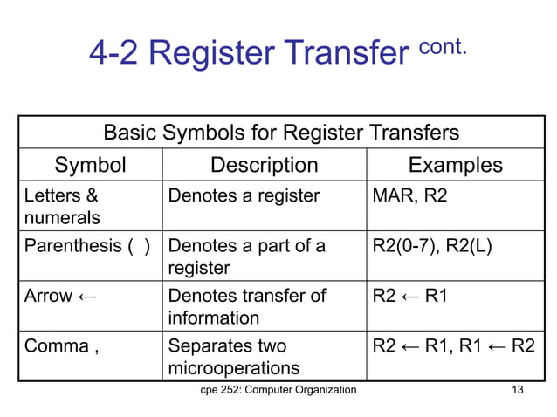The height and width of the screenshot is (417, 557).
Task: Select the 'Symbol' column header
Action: (90, 165)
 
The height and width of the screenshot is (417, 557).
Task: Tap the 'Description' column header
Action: (265, 165)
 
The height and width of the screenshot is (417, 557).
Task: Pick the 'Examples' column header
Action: (456, 165)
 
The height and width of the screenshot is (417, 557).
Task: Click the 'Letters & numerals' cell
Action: (61, 207)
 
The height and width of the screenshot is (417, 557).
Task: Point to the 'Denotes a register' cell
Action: (244, 196)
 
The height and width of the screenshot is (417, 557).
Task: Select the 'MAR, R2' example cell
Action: (409, 196)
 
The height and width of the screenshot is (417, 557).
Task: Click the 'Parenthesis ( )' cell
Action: (87, 246)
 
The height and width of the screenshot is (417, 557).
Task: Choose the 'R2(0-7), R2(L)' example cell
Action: (432, 246)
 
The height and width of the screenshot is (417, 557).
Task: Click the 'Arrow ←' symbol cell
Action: (60, 296)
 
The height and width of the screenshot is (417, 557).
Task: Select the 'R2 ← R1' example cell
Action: (410, 296)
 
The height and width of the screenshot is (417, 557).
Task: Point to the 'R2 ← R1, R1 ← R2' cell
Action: (454, 345)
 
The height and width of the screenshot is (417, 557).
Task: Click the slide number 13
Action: (517, 389)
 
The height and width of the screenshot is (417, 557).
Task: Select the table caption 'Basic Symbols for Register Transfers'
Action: (281, 133)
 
